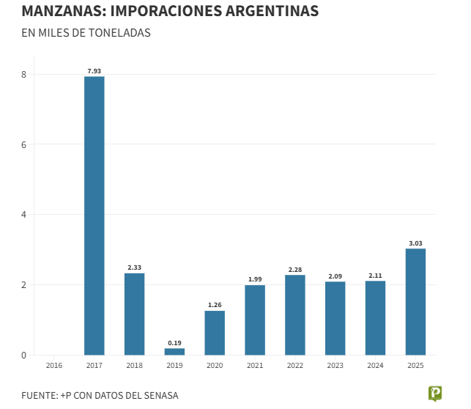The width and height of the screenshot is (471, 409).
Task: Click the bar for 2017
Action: [x=94, y=215]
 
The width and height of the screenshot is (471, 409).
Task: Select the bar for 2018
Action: [x=134, y=314]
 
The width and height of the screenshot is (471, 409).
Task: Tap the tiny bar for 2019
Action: [x=174, y=352]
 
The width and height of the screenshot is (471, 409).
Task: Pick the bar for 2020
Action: [x=215, y=333]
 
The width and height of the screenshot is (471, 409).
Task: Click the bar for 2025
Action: [x=415, y=301]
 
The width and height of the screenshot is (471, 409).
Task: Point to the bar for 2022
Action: [x=295, y=314]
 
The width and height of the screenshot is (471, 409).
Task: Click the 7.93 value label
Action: [x=94, y=70]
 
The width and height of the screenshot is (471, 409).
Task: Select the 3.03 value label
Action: [x=415, y=243]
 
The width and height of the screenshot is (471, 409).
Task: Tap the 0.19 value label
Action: [x=174, y=342]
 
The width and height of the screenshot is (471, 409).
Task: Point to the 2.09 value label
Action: [x=335, y=276]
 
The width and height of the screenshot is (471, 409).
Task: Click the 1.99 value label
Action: [x=255, y=279]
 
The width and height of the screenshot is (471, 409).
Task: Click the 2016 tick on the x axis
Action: [x=54, y=365]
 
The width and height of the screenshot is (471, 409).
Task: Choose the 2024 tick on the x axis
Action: [x=375, y=365]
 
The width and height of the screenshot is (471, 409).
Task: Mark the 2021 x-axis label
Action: [x=255, y=365]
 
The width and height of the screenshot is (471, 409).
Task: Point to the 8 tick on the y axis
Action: [x=23, y=75]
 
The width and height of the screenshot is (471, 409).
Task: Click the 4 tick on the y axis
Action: [x=23, y=215]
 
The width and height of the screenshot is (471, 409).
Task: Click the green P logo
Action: [x=435, y=394]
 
